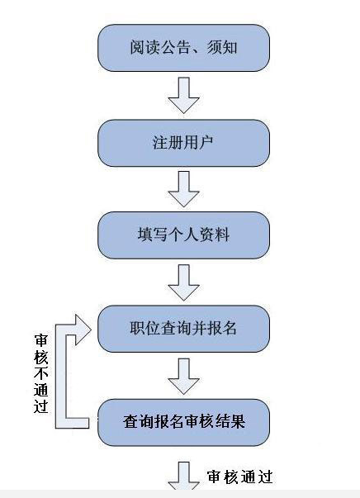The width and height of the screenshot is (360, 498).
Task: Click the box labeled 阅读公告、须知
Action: tap(183, 47)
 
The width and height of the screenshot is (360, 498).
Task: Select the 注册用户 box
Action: tap(183, 142)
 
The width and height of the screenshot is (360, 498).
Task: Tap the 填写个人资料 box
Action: tap(183, 235)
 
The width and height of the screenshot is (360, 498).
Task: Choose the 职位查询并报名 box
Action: tap(183, 328)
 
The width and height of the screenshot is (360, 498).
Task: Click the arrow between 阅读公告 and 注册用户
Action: tap(183, 95)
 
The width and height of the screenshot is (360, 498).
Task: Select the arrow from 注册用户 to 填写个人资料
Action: tap(183, 189)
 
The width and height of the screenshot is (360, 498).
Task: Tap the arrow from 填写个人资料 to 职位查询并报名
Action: tap(183, 282)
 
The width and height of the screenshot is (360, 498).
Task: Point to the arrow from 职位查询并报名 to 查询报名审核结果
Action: tap(183, 376)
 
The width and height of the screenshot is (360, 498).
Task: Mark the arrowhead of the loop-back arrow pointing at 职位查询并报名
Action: tap(83, 327)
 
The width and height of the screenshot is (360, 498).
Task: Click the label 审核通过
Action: tap(239, 477)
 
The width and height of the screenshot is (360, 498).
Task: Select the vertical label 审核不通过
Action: tap(40, 373)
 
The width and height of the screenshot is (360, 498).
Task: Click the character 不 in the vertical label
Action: tap(40, 373)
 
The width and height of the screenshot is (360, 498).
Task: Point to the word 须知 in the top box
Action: tap(224, 47)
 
